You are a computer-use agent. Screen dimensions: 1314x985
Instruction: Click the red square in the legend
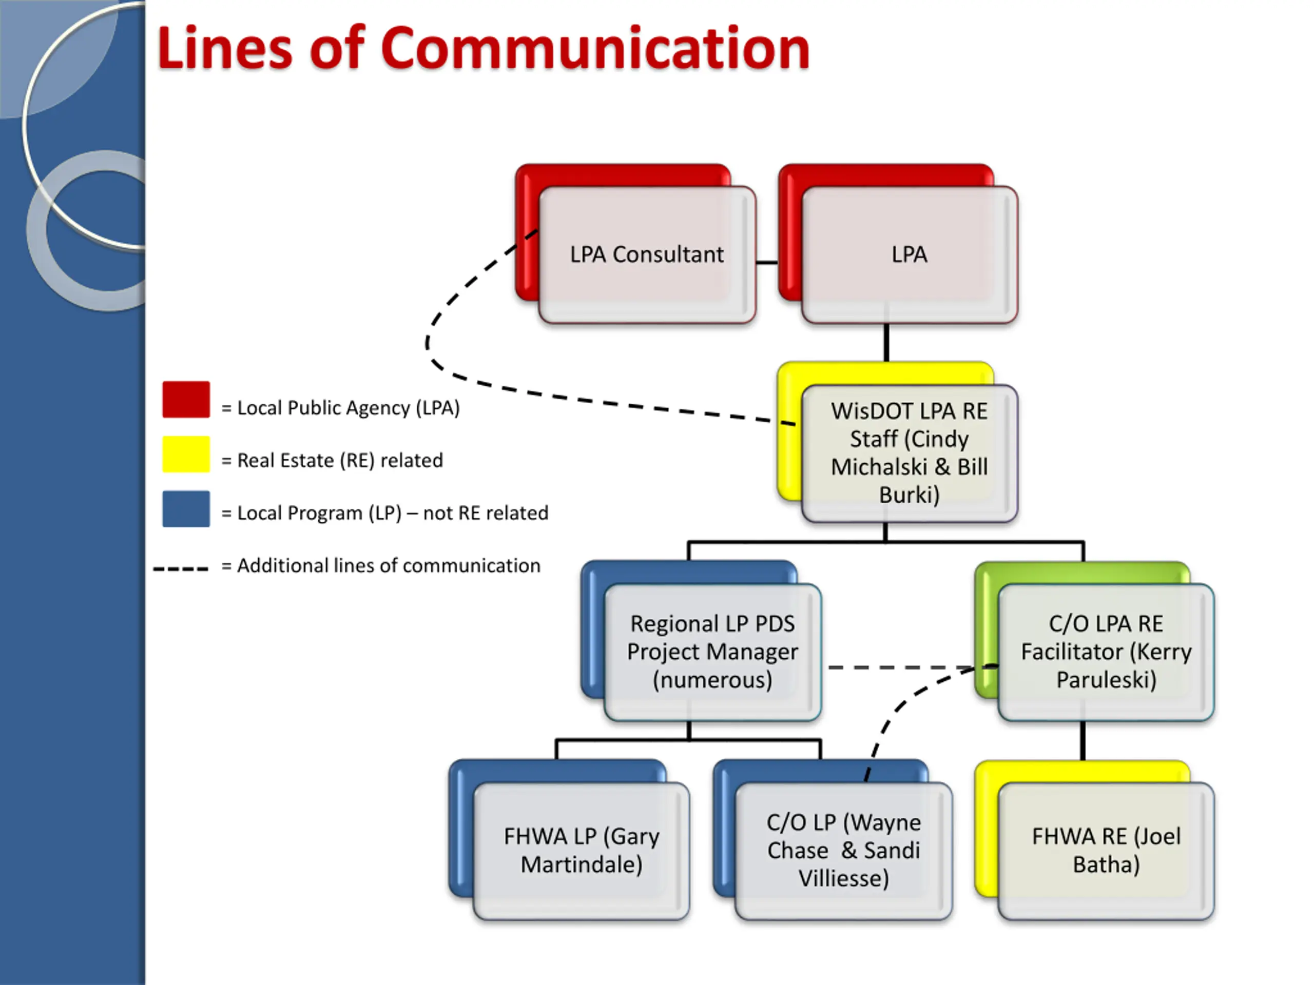186,400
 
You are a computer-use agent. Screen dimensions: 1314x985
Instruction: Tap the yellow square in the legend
186,454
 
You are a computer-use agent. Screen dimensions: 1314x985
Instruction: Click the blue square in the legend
186,509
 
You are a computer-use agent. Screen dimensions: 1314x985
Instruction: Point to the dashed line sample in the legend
181,569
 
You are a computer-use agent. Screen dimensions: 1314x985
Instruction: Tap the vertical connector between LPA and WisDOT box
886,343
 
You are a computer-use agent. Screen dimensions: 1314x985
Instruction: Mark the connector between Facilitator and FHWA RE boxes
1083,741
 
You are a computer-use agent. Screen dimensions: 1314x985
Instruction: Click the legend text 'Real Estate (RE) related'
340,460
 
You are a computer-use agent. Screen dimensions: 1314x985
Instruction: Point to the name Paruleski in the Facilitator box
1106,680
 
